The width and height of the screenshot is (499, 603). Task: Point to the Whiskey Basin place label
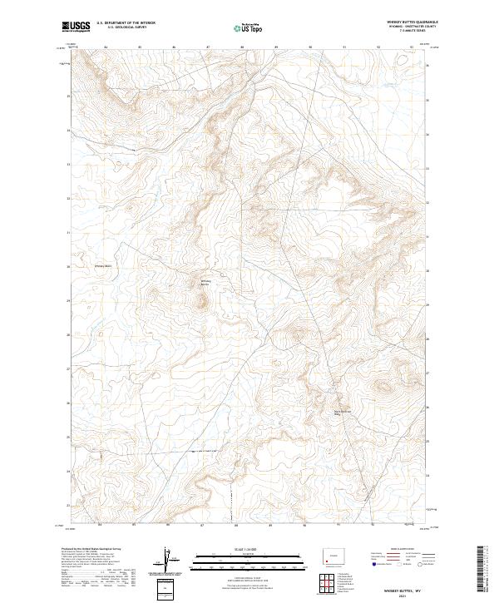click(x=104, y=266)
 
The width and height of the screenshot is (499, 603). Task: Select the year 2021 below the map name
click(x=401, y=596)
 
